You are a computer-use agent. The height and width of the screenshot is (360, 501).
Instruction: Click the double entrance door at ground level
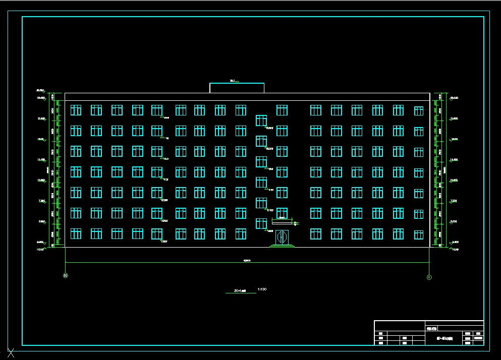282,236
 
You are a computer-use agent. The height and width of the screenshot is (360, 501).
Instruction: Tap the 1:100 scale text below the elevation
261,289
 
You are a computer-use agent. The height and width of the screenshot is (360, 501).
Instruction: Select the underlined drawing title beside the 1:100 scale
240,291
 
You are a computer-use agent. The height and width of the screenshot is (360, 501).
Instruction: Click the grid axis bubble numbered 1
429,277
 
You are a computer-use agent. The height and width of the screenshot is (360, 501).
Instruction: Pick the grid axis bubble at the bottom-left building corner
65,276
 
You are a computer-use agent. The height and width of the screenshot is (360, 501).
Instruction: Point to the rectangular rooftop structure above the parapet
237,88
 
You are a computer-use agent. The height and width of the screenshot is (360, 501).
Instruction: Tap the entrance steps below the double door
282,246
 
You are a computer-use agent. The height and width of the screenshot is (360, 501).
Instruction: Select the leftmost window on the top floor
76,110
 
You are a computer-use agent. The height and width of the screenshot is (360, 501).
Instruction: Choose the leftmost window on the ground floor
76,233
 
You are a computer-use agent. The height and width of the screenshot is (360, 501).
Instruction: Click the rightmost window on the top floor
419,111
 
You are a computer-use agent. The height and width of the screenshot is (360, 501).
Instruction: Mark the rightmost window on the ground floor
419,234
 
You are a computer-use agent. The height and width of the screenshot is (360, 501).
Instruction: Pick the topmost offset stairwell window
261,120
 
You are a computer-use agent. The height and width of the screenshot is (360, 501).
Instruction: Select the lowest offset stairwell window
261,223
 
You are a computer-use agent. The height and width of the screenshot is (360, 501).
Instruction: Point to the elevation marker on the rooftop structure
234,81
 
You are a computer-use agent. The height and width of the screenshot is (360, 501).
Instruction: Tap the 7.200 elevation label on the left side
41,201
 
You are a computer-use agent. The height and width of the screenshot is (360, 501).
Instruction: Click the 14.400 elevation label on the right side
454,159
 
